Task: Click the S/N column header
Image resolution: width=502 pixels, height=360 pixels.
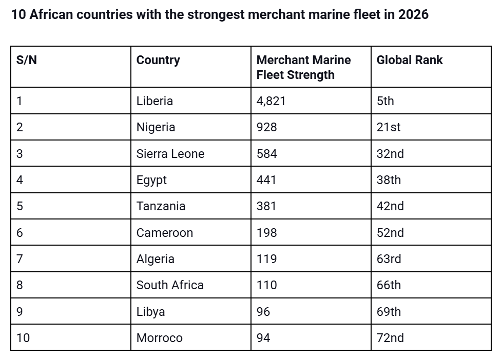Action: [x=27, y=60]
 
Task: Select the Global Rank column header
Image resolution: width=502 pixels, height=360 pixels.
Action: [x=409, y=60]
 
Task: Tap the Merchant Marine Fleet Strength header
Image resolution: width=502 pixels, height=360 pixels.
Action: [x=303, y=67]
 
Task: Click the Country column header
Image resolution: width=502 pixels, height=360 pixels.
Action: [x=158, y=60]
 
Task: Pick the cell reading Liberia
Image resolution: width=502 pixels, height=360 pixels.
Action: [x=155, y=101]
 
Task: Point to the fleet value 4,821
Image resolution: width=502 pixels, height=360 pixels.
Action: [x=271, y=101]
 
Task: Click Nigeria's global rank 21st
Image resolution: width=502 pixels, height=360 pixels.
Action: [x=389, y=127]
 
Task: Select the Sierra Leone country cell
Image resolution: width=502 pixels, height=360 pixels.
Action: [x=170, y=154]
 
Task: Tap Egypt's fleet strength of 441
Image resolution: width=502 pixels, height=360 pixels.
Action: [x=266, y=180]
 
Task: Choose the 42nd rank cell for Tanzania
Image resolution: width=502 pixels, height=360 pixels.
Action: [x=390, y=206]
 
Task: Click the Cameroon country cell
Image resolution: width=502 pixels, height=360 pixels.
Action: [x=164, y=233]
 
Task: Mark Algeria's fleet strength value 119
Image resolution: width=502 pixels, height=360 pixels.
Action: [x=266, y=259]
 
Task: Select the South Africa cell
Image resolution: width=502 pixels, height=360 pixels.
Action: [x=170, y=285]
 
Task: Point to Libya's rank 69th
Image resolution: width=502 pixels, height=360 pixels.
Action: [x=389, y=312]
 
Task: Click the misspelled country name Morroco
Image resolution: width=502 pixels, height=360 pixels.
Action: [x=159, y=338]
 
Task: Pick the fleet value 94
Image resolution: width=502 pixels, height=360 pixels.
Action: [x=263, y=338]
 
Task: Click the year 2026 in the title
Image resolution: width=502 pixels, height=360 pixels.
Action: [x=413, y=14]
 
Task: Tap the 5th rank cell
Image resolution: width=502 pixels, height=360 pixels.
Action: [x=385, y=101]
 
